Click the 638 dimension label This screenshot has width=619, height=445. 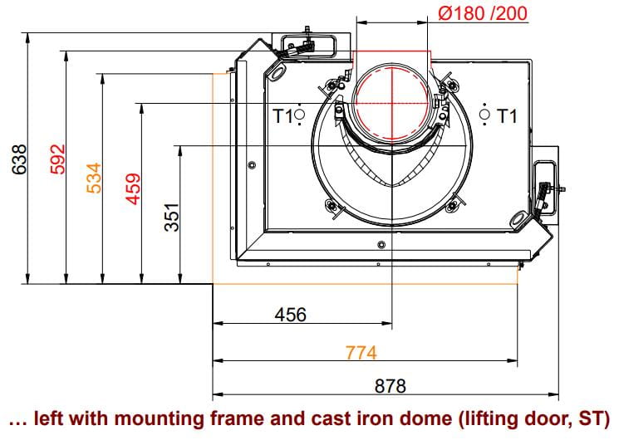[19, 159]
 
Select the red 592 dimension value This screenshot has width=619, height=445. [57, 159]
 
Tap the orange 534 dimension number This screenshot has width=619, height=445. [94, 178]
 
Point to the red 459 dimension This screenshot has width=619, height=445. [133, 189]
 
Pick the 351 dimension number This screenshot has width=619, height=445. [172, 217]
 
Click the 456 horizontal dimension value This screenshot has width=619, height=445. [291, 315]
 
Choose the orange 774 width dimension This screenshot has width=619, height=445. [361, 353]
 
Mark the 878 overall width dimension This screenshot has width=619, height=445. [390, 386]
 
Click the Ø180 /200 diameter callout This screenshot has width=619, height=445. [483, 13]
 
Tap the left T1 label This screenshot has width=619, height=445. [283, 116]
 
